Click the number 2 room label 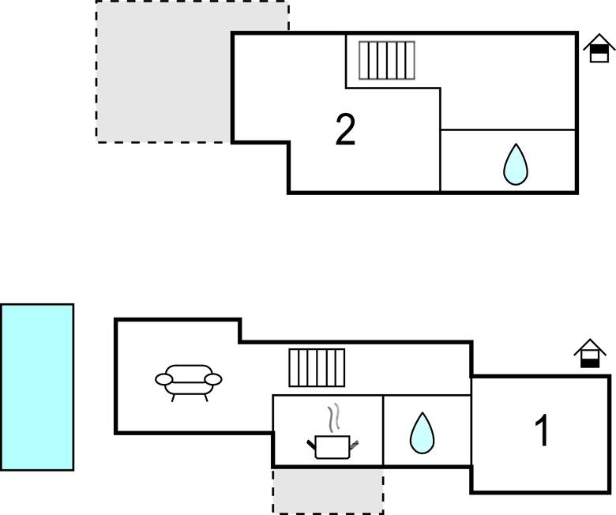click(x=345, y=130)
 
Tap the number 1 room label click(x=542, y=431)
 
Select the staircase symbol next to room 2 click(x=387, y=60)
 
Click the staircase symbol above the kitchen click(x=317, y=367)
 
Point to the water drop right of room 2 click(x=515, y=165)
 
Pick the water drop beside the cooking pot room click(x=422, y=434)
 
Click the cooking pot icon click(x=332, y=447)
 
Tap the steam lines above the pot click(x=334, y=415)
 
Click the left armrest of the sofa click(x=164, y=380)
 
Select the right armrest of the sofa click(x=213, y=380)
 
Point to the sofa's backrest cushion click(x=189, y=371)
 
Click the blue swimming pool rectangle click(x=37, y=387)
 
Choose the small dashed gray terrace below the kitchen click(x=328, y=490)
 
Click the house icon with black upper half click(x=599, y=48)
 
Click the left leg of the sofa click(x=173, y=396)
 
